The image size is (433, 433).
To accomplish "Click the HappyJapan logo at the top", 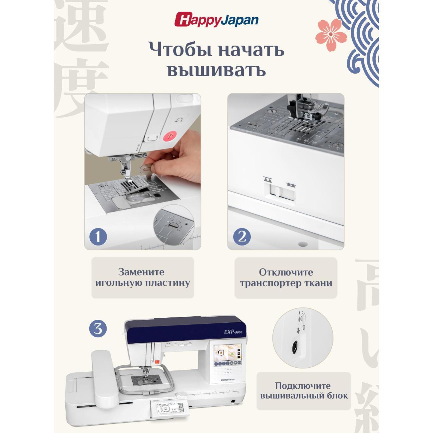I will (x=217, y=20).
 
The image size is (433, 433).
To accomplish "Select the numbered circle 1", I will (x=98, y=236).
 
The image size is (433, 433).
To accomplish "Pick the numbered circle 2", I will (x=242, y=236).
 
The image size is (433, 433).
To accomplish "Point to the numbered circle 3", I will (x=98, y=329).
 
